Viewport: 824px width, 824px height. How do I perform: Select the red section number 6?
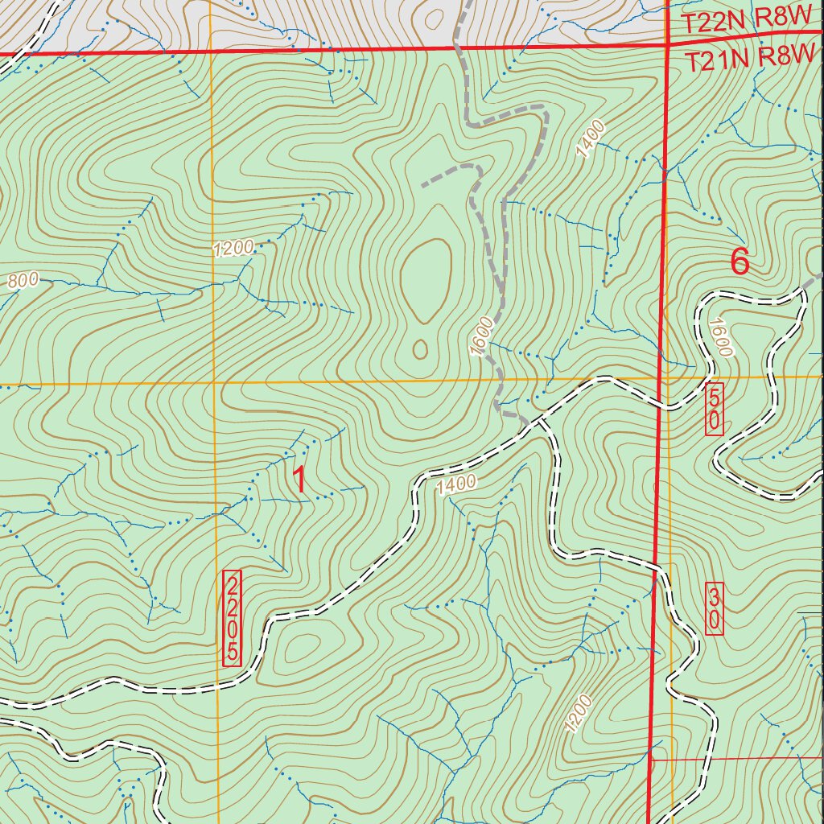point(740,262)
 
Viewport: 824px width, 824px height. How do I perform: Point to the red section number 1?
point(299,480)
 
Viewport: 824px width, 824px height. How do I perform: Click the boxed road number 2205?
point(232,618)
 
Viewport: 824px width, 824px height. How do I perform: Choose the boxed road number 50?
point(714,410)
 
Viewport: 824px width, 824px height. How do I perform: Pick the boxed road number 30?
point(714,608)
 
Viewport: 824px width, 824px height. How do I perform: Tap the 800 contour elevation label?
point(23,281)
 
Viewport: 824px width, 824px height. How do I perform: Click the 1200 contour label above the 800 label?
point(233,249)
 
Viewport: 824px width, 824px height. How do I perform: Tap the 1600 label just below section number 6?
point(719,336)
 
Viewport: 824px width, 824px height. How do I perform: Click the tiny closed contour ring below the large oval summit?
point(420,348)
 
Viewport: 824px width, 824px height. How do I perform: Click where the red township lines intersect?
point(668,47)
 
